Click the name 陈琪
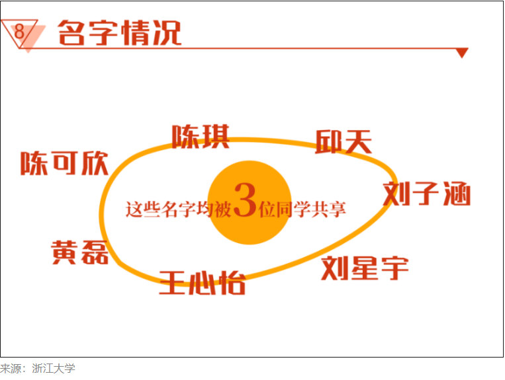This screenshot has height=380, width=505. [201, 137]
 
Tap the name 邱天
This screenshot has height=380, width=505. [344, 142]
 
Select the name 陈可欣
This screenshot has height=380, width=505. [64, 163]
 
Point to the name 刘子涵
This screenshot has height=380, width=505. [427, 194]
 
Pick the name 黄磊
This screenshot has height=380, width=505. [80, 252]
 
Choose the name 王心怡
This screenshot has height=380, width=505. [203, 283]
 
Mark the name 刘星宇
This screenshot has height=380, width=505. [365, 268]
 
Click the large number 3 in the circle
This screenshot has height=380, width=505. [245, 200]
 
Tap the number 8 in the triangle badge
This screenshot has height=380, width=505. [19, 31]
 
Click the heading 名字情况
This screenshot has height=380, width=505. [120, 32]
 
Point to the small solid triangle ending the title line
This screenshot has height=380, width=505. [462, 53]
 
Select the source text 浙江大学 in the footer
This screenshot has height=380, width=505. [54, 368]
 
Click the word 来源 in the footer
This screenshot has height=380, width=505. [11, 368]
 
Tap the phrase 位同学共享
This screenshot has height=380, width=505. [302, 209]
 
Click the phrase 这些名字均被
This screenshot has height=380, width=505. [179, 209]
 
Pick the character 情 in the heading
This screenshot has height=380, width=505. [135, 32]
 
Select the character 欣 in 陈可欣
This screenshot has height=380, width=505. [95, 163]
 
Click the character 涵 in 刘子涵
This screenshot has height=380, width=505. [457, 194]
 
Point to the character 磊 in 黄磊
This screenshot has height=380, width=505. [95, 252]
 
